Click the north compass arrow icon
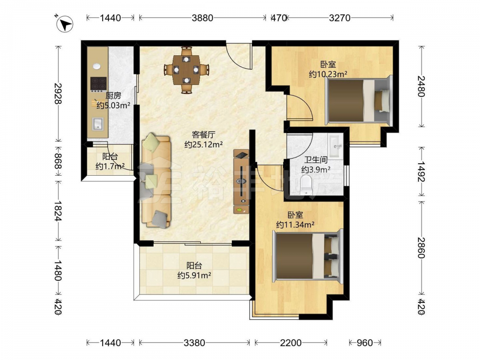pyautogui.click(x=65, y=24)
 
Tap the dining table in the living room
pyautogui.click(x=186, y=70)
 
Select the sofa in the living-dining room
pyautogui.click(x=156, y=181)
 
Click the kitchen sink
pyautogui.click(x=98, y=124)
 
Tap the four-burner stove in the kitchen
pyautogui.click(x=98, y=84)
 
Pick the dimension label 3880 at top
pyautogui.click(x=203, y=18)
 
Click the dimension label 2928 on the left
pyautogui.click(x=58, y=94)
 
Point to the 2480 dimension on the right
pyautogui.click(x=422, y=86)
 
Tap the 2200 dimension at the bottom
pyautogui.click(x=291, y=343)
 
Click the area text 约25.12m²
pyautogui.click(x=204, y=144)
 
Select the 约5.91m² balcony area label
pyautogui.click(x=194, y=276)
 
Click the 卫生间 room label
pyautogui.click(x=316, y=160)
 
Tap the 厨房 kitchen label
pyautogui.click(x=113, y=96)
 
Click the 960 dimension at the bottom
pyautogui.click(x=365, y=343)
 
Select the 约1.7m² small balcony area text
pyautogui.click(x=110, y=167)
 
